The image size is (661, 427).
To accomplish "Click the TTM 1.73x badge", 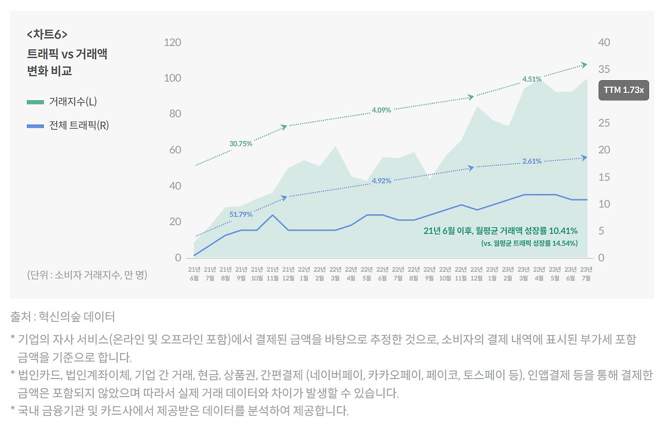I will (x=623, y=90).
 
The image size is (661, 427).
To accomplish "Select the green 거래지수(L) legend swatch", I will (x=35, y=102).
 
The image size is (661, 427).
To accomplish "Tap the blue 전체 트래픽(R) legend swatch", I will (x=35, y=126).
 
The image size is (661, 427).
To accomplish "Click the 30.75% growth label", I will (x=241, y=144).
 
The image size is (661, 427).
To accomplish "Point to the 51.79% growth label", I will (x=241, y=214).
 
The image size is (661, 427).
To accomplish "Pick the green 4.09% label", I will (x=381, y=110).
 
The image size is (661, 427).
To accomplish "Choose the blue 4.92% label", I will (x=381, y=181).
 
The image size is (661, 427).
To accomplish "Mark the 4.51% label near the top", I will (x=532, y=80).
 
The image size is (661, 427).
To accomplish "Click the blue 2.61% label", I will (x=532, y=161).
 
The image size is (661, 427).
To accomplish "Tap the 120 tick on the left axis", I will (x=172, y=42).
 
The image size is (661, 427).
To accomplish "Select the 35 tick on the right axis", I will (x=604, y=69).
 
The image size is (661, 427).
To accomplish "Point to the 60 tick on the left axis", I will (x=176, y=150).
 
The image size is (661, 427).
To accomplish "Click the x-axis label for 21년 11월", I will (x=273, y=273).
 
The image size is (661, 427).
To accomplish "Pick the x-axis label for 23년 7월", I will (x=586, y=273).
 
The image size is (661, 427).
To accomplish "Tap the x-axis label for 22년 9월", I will (x=429, y=273).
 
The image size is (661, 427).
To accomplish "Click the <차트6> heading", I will (x=47, y=35).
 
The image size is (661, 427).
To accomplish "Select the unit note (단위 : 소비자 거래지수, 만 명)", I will (x=87, y=275).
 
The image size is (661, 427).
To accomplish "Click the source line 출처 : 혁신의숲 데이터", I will (x=62, y=316).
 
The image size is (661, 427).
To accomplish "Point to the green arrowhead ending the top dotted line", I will (x=585, y=65).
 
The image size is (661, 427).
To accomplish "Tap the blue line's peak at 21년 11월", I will (x=273, y=215).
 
